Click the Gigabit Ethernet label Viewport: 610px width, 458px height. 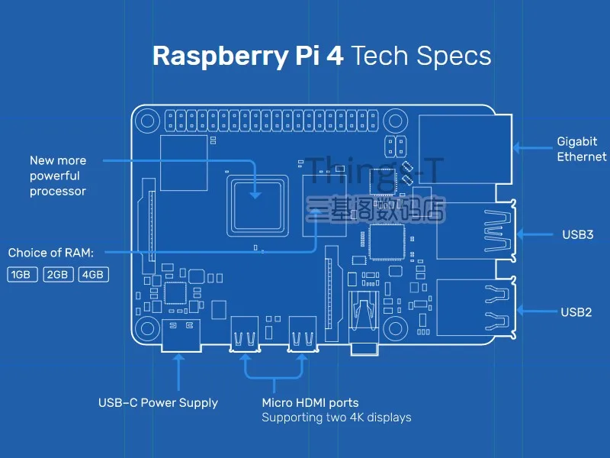click(x=581, y=149)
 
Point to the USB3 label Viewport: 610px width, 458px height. click(x=577, y=234)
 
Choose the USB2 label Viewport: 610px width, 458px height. click(x=576, y=311)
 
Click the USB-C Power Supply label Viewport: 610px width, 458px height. click(x=158, y=403)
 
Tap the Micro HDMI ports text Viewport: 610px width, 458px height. click(x=310, y=402)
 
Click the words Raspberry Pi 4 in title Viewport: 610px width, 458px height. click(x=248, y=56)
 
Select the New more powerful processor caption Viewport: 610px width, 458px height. click(x=58, y=176)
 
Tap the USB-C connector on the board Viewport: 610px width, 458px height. click(x=181, y=336)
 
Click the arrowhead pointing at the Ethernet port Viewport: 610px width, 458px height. click(x=515, y=149)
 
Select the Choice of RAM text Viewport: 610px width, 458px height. click(x=50, y=253)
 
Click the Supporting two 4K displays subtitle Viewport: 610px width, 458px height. click(x=336, y=418)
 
